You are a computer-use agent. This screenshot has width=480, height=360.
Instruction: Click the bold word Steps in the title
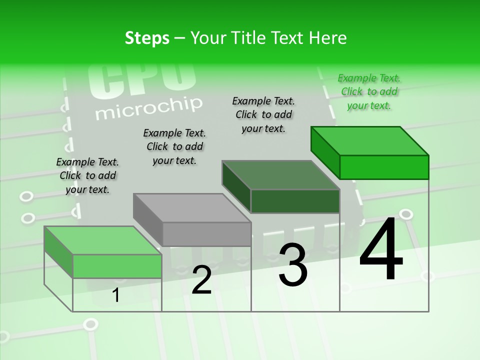point(147,38)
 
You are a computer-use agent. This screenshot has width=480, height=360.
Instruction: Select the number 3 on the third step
point(292,265)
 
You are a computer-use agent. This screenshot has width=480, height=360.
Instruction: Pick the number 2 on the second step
point(201,280)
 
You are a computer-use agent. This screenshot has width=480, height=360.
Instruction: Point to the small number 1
point(116,295)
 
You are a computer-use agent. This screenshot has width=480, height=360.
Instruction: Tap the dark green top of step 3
point(280,175)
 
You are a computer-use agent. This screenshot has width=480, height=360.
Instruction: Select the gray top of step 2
point(191,207)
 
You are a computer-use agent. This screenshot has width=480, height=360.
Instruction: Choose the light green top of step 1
point(102,240)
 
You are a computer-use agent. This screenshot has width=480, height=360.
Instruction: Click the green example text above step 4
point(369,92)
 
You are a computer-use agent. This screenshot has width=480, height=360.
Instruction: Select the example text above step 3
point(263,114)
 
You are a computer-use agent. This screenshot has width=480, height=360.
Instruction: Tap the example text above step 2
point(174,146)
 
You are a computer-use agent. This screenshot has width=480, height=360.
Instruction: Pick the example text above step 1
point(87,175)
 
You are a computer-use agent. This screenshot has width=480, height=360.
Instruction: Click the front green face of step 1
point(117,266)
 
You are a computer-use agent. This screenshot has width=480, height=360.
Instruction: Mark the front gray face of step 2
point(206,234)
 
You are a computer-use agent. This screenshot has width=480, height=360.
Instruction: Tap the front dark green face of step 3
point(295,201)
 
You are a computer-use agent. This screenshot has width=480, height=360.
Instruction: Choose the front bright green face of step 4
point(384,167)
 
